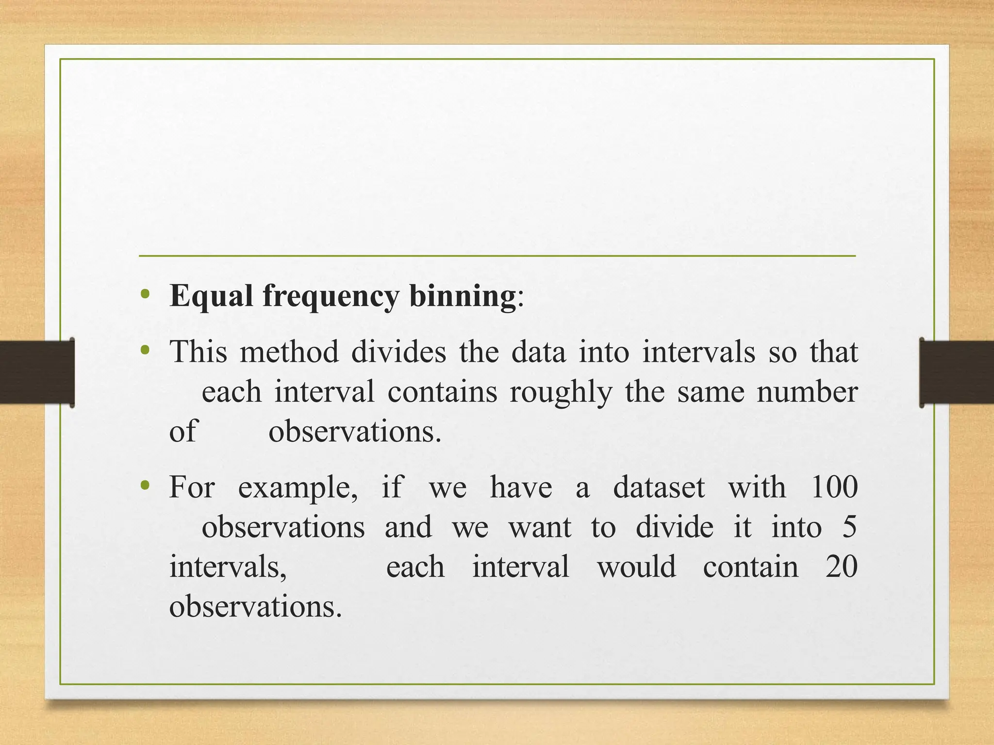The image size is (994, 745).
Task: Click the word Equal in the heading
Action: [x=211, y=296]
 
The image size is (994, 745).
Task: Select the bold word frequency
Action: [x=331, y=297]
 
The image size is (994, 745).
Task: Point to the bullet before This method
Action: [x=145, y=350]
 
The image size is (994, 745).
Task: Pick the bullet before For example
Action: [x=145, y=486]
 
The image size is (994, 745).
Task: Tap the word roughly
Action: [x=561, y=393]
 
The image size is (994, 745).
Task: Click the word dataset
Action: [x=659, y=487]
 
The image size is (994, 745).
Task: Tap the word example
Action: [x=298, y=488]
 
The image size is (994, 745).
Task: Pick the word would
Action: [x=636, y=567]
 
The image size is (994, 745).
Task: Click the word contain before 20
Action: [x=750, y=567]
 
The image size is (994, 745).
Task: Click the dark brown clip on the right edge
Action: [x=956, y=372]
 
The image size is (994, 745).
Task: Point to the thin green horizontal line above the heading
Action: [x=497, y=256]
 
